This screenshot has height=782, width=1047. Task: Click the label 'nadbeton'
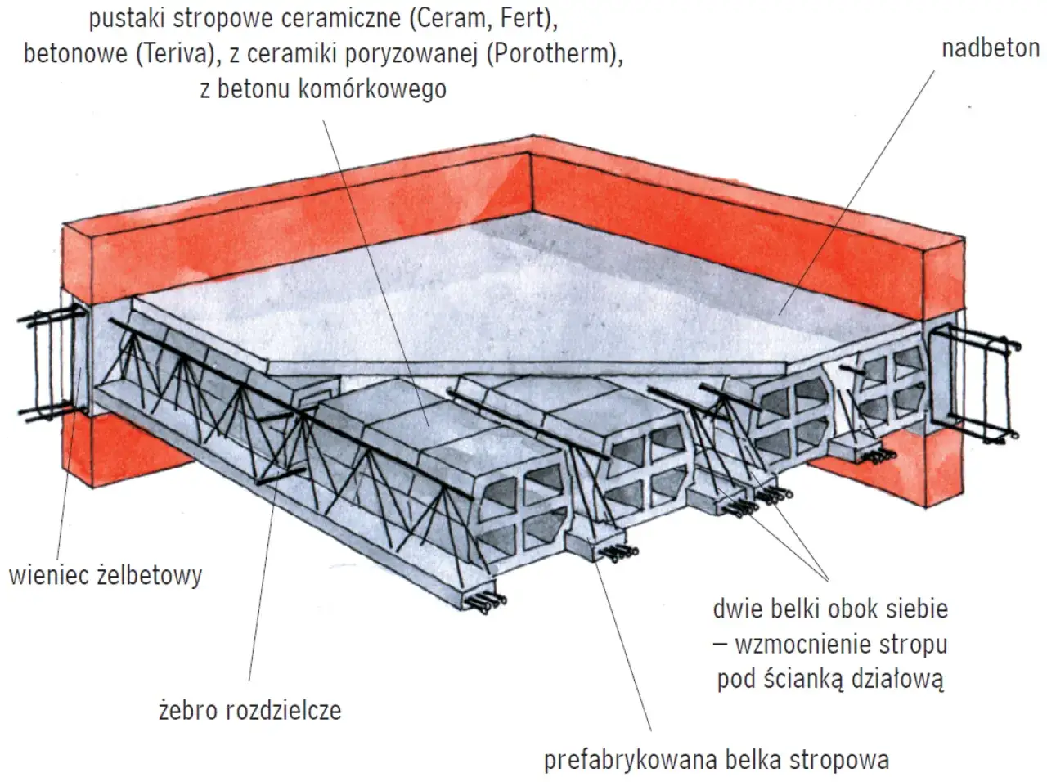click(990, 47)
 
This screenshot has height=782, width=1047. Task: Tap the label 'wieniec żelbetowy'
click(105, 575)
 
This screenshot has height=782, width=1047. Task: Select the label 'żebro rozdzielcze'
click(249, 709)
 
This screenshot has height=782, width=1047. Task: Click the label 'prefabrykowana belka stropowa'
click(716, 760)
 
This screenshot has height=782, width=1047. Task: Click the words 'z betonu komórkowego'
click(322, 88)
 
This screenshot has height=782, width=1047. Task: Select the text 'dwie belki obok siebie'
click(830, 609)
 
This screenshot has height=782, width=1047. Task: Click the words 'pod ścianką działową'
click(830, 679)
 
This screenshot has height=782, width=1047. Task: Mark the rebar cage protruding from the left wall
click(51, 362)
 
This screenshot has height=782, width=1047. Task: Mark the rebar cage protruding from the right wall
click(977, 380)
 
